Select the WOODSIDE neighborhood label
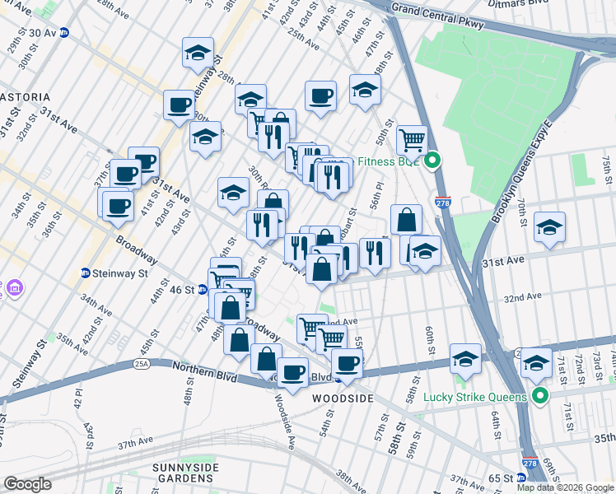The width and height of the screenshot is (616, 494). (343, 398)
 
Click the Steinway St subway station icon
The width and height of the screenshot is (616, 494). (86, 273)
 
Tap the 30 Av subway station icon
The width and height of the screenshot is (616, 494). (63, 32)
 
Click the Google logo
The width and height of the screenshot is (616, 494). (27, 484)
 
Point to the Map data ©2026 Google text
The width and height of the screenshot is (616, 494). (564, 487)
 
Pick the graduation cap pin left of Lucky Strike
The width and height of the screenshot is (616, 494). (466, 359)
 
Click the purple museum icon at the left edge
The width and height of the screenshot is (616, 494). (14, 290)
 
